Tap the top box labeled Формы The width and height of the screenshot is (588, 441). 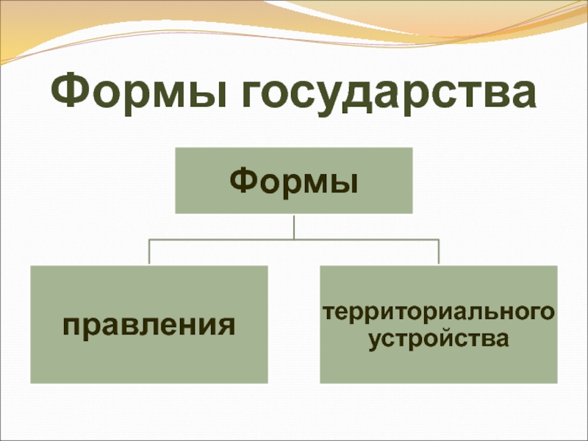(x=293, y=180)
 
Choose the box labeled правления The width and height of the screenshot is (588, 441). (x=148, y=324)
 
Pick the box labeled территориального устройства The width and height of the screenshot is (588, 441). (x=439, y=324)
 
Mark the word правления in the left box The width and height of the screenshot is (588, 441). (x=148, y=325)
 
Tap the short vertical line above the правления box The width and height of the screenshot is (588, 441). (x=150, y=252)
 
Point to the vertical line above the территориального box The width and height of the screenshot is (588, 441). (x=438, y=252)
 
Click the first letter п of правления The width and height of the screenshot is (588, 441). (x=71, y=326)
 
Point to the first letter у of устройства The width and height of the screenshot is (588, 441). (x=376, y=342)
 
